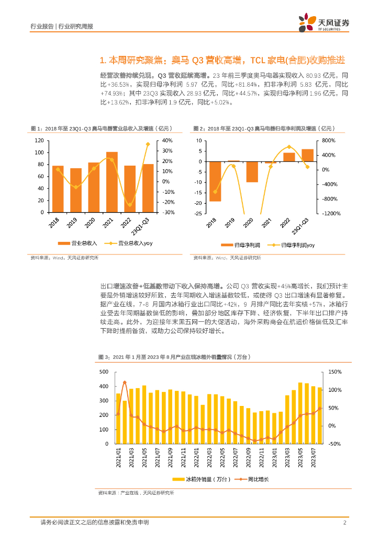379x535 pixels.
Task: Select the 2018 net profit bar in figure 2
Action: coord(215,181)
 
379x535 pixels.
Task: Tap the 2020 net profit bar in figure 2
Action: coord(252,172)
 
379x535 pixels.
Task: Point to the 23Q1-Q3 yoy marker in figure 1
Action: coord(148,144)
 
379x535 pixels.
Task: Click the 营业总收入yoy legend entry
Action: coord(128,243)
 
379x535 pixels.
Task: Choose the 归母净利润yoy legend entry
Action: coord(291,245)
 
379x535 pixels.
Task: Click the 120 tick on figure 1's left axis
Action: coord(39,141)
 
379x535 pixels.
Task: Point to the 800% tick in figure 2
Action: coord(328,141)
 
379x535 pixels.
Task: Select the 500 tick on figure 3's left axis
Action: coord(104,371)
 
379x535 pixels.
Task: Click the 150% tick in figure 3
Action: coord(336,371)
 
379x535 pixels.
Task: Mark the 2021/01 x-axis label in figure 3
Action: coord(118,457)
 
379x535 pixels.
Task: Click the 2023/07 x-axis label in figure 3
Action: coord(314,457)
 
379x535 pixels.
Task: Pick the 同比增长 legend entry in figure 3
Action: coord(255,479)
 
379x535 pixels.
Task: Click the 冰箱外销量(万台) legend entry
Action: coord(198,479)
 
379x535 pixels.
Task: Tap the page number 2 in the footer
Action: coord(344,522)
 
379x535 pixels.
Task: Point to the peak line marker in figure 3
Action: coord(125,382)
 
